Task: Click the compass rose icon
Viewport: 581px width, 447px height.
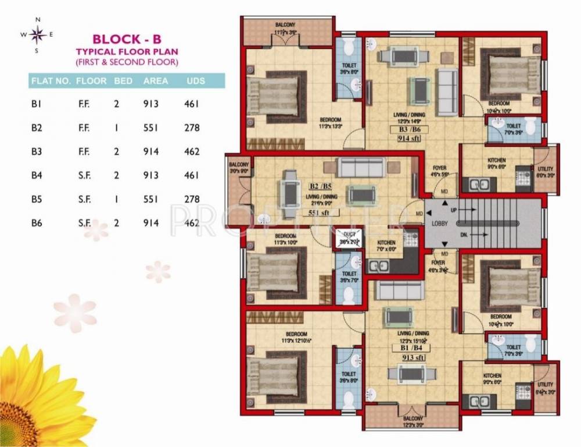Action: (x=38, y=35)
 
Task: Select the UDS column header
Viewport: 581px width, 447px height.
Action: (x=196, y=81)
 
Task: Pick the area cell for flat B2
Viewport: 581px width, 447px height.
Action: (x=151, y=128)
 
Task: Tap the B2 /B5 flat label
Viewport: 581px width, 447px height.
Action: (x=321, y=187)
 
